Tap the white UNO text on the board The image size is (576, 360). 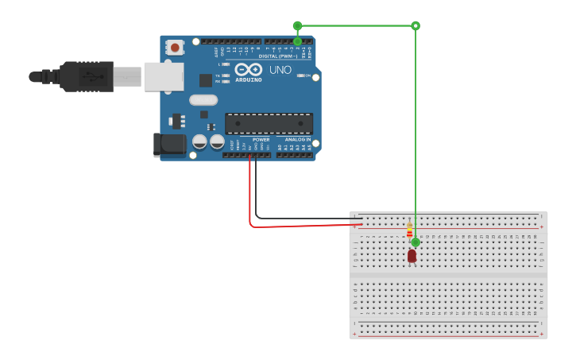click(280, 70)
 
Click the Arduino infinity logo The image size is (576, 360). click(248, 69)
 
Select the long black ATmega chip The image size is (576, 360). click(269, 123)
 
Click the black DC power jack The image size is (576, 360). click(168, 144)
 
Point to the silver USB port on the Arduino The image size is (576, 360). click(163, 77)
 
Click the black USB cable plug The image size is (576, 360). click(87, 76)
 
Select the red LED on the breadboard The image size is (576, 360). click(412, 256)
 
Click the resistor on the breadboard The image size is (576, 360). click(409, 230)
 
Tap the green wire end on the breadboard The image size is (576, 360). click(416, 242)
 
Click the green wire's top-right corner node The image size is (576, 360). click(416, 25)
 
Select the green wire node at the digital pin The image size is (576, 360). click(297, 41)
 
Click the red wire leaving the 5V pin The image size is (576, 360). click(250, 191)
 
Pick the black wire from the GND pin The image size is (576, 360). click(256, 191)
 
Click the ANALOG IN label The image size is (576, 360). click(298, 139)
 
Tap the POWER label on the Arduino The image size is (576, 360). click(261, 139)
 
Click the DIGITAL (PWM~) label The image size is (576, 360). click(278, 56)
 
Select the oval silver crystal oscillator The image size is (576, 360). click(203, 100)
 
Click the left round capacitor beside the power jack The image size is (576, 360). click(199, 141)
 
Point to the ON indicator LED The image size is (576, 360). click(302, 75)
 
